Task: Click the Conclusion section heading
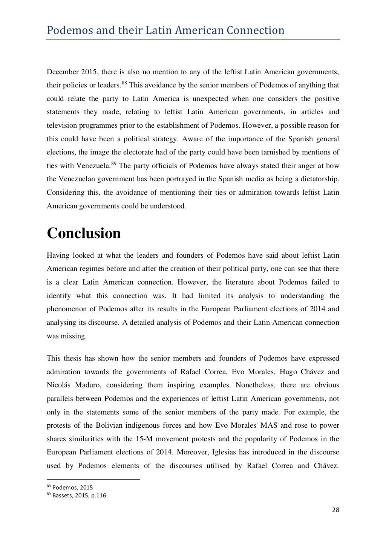coord(84,233)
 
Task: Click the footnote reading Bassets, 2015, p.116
coord(79,496)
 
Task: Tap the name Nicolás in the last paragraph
coord(59,385)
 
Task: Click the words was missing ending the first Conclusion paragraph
coord(66,336)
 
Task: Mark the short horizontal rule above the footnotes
coord(93,480)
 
